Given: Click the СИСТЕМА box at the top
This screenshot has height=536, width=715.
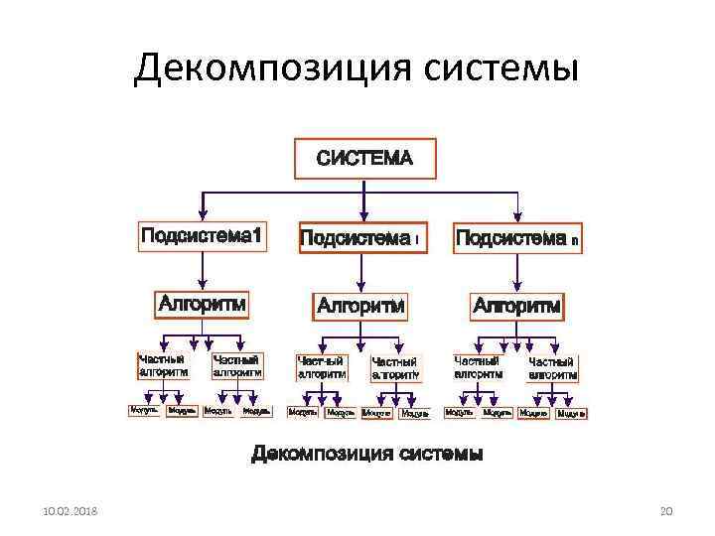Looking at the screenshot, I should [x=362, y=158].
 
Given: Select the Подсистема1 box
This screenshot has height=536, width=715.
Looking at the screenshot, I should [x=202, y=236].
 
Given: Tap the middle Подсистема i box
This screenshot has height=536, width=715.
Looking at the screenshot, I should [x=362, y=238].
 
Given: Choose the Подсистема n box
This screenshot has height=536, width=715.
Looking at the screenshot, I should [x=516, y=239].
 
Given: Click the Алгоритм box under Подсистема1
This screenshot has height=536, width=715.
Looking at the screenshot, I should [x=202, y=304].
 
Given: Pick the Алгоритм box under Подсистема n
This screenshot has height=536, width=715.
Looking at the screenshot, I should [x=516, y=306].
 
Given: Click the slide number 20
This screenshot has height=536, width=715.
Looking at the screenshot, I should [x=666, y=510].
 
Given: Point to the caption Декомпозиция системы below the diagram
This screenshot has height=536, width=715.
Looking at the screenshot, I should [x=367, y=455].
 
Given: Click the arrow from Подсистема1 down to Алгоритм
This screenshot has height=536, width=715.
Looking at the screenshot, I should [x=202, y=269].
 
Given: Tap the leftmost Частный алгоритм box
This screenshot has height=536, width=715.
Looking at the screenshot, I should [x=162, y=366].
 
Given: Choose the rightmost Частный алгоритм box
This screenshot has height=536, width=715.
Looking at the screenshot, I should [x=552, y=369].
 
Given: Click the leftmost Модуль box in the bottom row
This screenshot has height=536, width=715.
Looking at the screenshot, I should [x=145, y=410].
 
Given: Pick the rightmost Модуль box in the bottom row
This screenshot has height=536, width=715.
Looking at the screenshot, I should [x=571, y=413].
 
